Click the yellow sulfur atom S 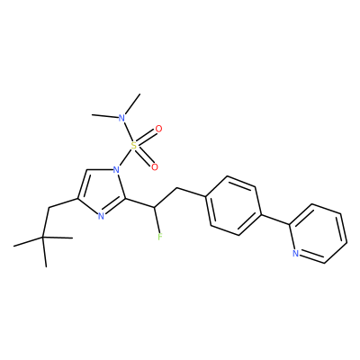134,146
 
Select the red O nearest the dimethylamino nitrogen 158,130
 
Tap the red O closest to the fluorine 155,167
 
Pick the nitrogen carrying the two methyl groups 121,117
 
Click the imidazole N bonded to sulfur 116,171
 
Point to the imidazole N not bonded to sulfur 101,216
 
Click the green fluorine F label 160,237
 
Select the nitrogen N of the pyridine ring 296,254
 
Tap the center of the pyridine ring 319,234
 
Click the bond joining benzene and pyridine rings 275,220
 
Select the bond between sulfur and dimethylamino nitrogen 128,131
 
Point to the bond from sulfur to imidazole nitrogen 125,158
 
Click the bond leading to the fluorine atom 157,220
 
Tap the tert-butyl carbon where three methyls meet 43,238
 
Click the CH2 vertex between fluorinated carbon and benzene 177,189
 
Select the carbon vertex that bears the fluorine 154,207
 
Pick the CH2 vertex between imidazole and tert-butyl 49,208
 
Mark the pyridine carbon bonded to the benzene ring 290,224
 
